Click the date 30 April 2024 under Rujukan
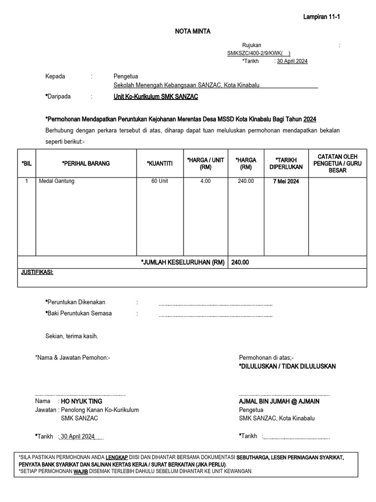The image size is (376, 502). point(292,61)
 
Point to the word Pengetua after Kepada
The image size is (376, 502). point(126,76)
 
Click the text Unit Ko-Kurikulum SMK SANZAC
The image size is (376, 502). point(156,97)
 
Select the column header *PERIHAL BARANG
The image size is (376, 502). point(86,163)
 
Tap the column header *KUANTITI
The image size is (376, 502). point(160,163)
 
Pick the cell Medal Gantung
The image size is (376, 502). point(57,181)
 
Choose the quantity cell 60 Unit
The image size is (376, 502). point(160,181)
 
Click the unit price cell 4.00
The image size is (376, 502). point(205,181)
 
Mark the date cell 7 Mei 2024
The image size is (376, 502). point(286,181)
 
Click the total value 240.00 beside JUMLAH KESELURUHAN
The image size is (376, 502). point(240,262)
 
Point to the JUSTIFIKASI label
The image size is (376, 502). point(37,272)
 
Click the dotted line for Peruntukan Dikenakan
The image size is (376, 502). point(215,304)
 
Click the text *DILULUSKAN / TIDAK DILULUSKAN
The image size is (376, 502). point(287,366)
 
